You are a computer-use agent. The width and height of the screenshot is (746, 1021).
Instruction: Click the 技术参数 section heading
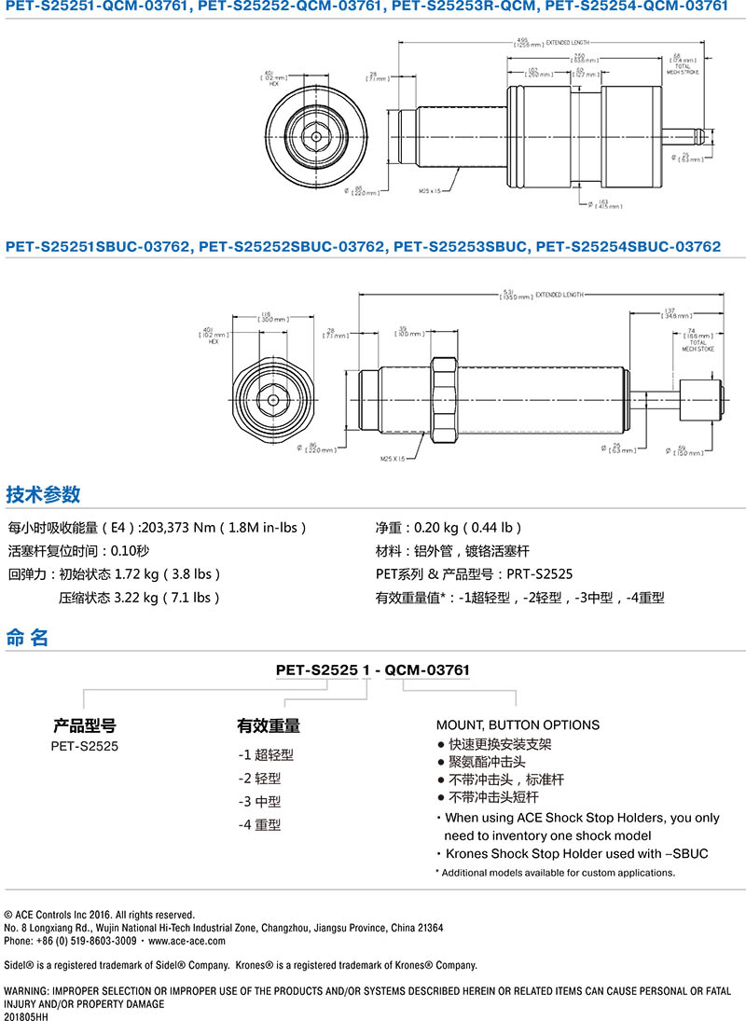[44, 495]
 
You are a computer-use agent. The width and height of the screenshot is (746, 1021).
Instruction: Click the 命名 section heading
[27, 639]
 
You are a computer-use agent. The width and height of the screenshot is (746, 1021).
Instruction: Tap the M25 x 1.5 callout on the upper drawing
[432, 189]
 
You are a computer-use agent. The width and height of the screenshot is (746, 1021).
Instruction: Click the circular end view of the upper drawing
[319, 135]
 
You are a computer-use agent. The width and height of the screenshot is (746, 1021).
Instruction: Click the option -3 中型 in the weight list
[259, 801]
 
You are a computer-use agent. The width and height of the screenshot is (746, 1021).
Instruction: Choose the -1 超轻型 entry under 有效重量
[266, 754]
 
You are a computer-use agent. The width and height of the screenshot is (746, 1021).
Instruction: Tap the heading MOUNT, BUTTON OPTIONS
[518, 724]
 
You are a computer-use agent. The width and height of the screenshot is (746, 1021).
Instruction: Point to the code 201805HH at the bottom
[26, 1016]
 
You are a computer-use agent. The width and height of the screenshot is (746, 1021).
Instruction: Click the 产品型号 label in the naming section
[84, 725]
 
